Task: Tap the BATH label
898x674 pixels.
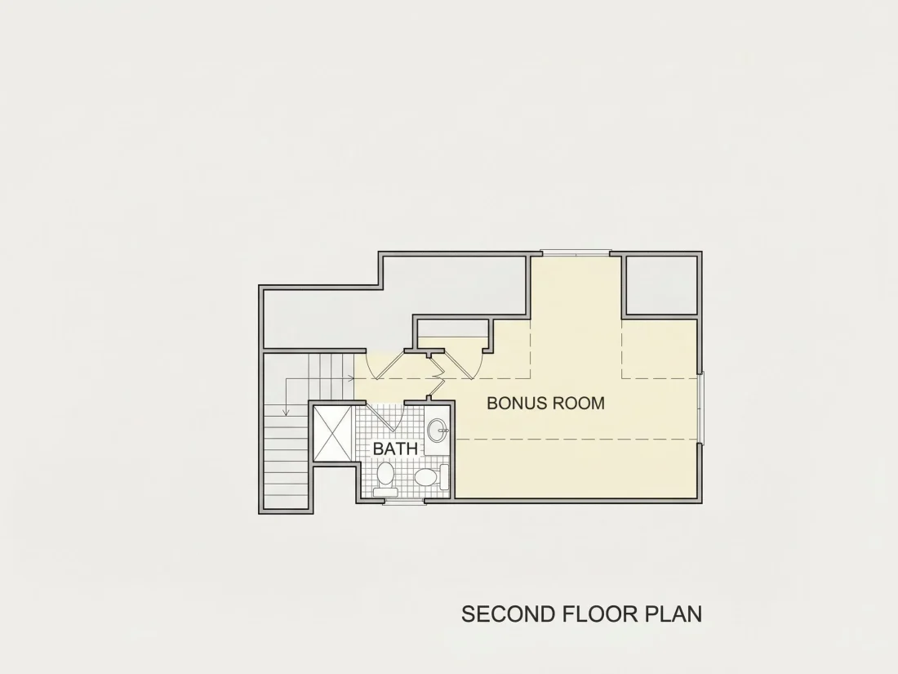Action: pyautogui.click(x=395, y=449)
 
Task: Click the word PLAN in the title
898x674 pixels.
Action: pyautogui.click(x=674, y=614)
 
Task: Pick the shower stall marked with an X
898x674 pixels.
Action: pyautogui.click(x=331, y=433)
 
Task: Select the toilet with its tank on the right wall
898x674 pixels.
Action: pyautogui.click(x=432, y=477)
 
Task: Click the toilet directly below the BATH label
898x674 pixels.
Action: pyautogui.click(x=385, y=480)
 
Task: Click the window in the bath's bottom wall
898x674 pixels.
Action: pyautogui.click(x=404, y=502)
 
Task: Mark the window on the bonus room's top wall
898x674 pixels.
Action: pyautogui.click(x=576, y=252)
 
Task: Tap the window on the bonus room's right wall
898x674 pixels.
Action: pyautogui.click(x=701, y=407)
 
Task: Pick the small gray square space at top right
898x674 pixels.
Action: pyautogui.click(x=662, y=285)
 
